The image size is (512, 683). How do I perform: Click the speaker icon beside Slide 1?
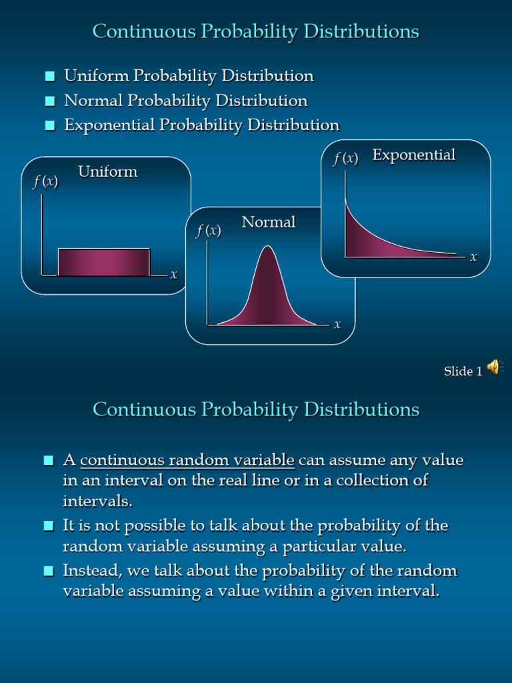coord(493,367)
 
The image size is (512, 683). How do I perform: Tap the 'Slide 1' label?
coord(463,372)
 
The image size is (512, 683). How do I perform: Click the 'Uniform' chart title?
coord(107,171)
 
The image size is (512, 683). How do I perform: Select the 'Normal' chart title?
coord(268,222)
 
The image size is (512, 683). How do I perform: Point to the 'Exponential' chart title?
coord(413,155)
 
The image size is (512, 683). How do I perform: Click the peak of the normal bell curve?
coord(267,248)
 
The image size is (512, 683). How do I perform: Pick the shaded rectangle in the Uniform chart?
coord(104,261)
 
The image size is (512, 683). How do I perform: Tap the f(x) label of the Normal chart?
coord(208,231)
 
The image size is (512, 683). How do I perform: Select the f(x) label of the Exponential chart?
coord(345,158)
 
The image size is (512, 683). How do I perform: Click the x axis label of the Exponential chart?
coord(473,257)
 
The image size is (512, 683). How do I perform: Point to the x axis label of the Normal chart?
coord(337,325)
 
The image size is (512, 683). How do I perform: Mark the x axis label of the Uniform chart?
coord(173,274)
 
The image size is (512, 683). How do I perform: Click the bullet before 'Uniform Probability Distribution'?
coord(50,77)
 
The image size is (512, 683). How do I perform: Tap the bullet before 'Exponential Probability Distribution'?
coord(50,125)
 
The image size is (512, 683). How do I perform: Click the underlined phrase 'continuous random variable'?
coord(187,460)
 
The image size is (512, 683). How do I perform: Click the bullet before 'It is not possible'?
coord(49,526)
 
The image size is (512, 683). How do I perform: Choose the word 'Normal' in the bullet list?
coord(93,101)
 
